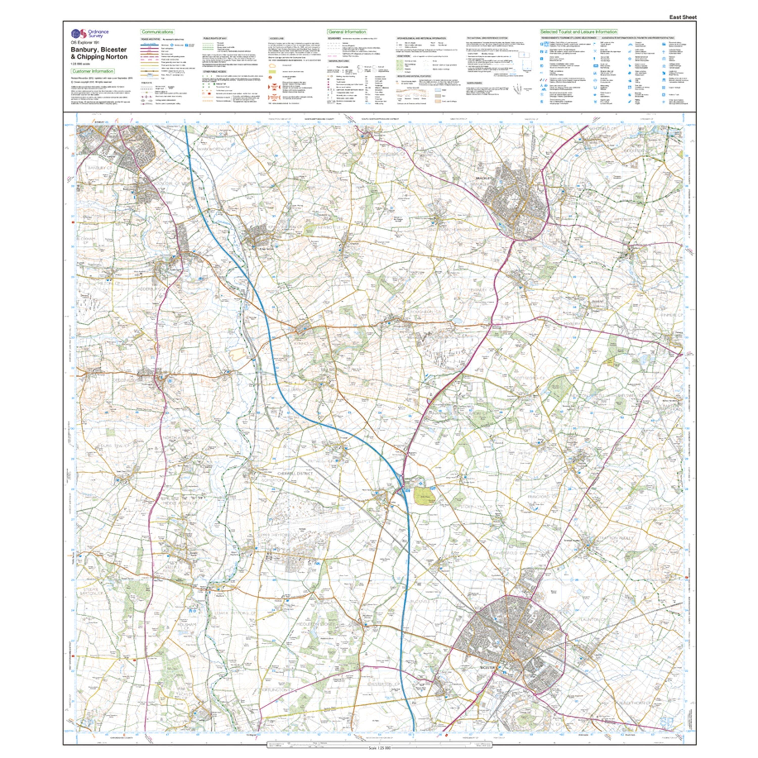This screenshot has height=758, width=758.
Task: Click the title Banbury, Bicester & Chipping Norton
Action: pos(99,53)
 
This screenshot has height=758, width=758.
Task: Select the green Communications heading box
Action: pos(158,32)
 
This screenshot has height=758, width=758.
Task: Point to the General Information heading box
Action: pos(347,32)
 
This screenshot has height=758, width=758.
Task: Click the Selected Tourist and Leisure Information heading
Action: pos(579,32)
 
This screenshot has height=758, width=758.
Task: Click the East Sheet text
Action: pos(683,17)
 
